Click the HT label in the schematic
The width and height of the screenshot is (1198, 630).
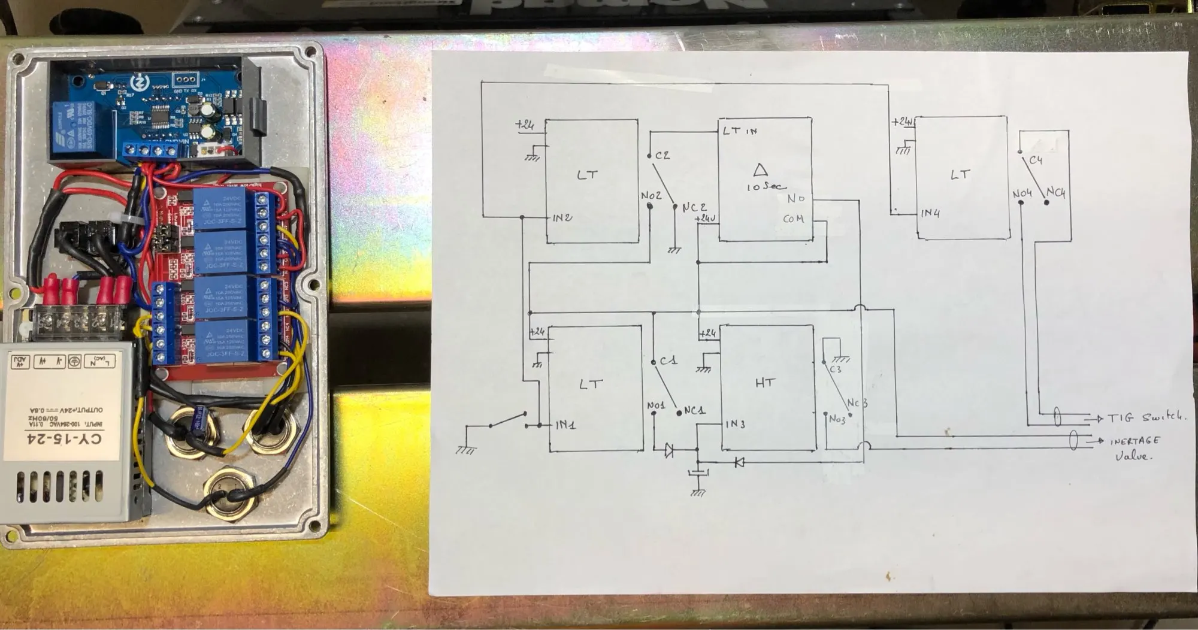click(x=765, y=383)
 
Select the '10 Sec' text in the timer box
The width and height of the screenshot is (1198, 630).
click(x=766, y=186)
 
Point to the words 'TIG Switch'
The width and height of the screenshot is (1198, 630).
click(x=1146, y=417)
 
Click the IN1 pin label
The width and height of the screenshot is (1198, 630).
click(x=565, y=425)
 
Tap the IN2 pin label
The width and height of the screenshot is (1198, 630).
click(x=562, y=217)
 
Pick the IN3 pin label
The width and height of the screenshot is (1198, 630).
click(x=735, y=424)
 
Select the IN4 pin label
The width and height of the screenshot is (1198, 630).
click(x=930, y=213)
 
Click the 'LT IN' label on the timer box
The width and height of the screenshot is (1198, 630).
click(x=740, y=131)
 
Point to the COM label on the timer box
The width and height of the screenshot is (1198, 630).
click(x=793, y=219)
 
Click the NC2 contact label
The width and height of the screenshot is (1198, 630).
click(x=694, y=207)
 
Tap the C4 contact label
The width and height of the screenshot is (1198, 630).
click(x=1036, y=160)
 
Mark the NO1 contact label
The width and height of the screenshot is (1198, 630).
click(x=656, y=406)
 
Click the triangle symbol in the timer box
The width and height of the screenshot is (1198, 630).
click(x=761, y=169)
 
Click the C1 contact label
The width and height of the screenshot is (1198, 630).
click(x=668, y=361)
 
